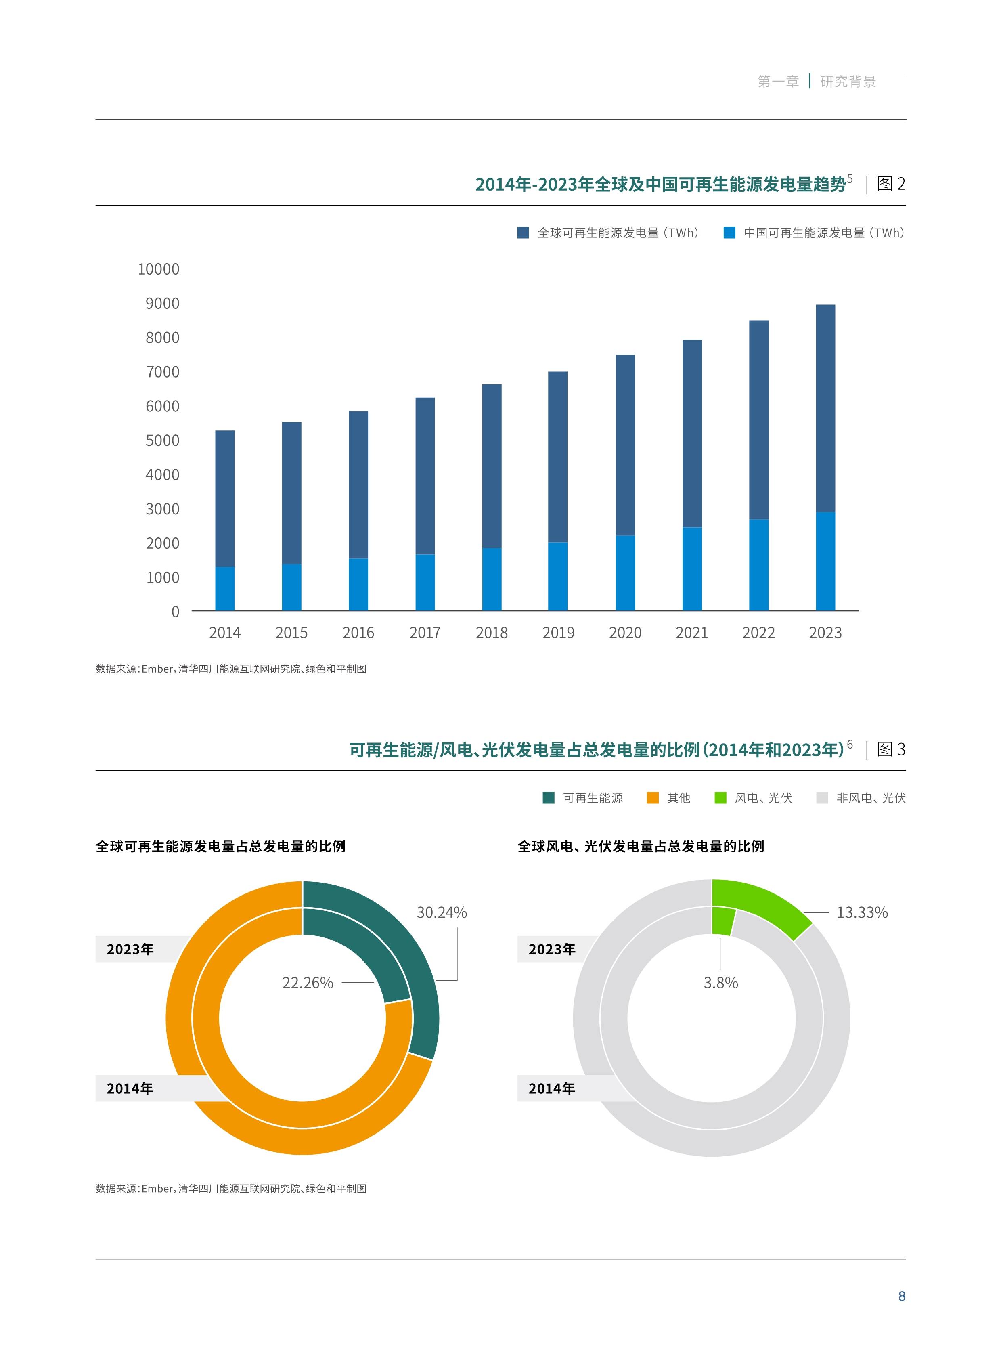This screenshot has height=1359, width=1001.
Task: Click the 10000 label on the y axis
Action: coord(159,269)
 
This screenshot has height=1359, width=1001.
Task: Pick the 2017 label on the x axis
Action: coord(425,633)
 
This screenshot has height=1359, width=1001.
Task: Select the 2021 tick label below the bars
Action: coord(691,633)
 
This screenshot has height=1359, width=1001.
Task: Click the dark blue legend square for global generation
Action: coord(523,233)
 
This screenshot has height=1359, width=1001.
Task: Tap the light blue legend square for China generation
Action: coord(729,233)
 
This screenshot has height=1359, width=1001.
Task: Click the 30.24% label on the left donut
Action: coord(441,912)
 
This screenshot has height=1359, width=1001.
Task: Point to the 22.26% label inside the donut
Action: coord(308,983)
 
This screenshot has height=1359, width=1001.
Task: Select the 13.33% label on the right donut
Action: coord(862,912)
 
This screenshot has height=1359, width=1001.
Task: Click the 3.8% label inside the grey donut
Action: coord(720,983)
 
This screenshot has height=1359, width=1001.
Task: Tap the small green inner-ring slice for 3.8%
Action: coord(723,921)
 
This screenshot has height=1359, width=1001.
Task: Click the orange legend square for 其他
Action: coord(653,798)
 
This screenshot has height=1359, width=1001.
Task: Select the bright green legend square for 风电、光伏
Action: coord(720,798)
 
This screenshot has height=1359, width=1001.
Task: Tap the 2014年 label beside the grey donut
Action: coord(551,1088)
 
